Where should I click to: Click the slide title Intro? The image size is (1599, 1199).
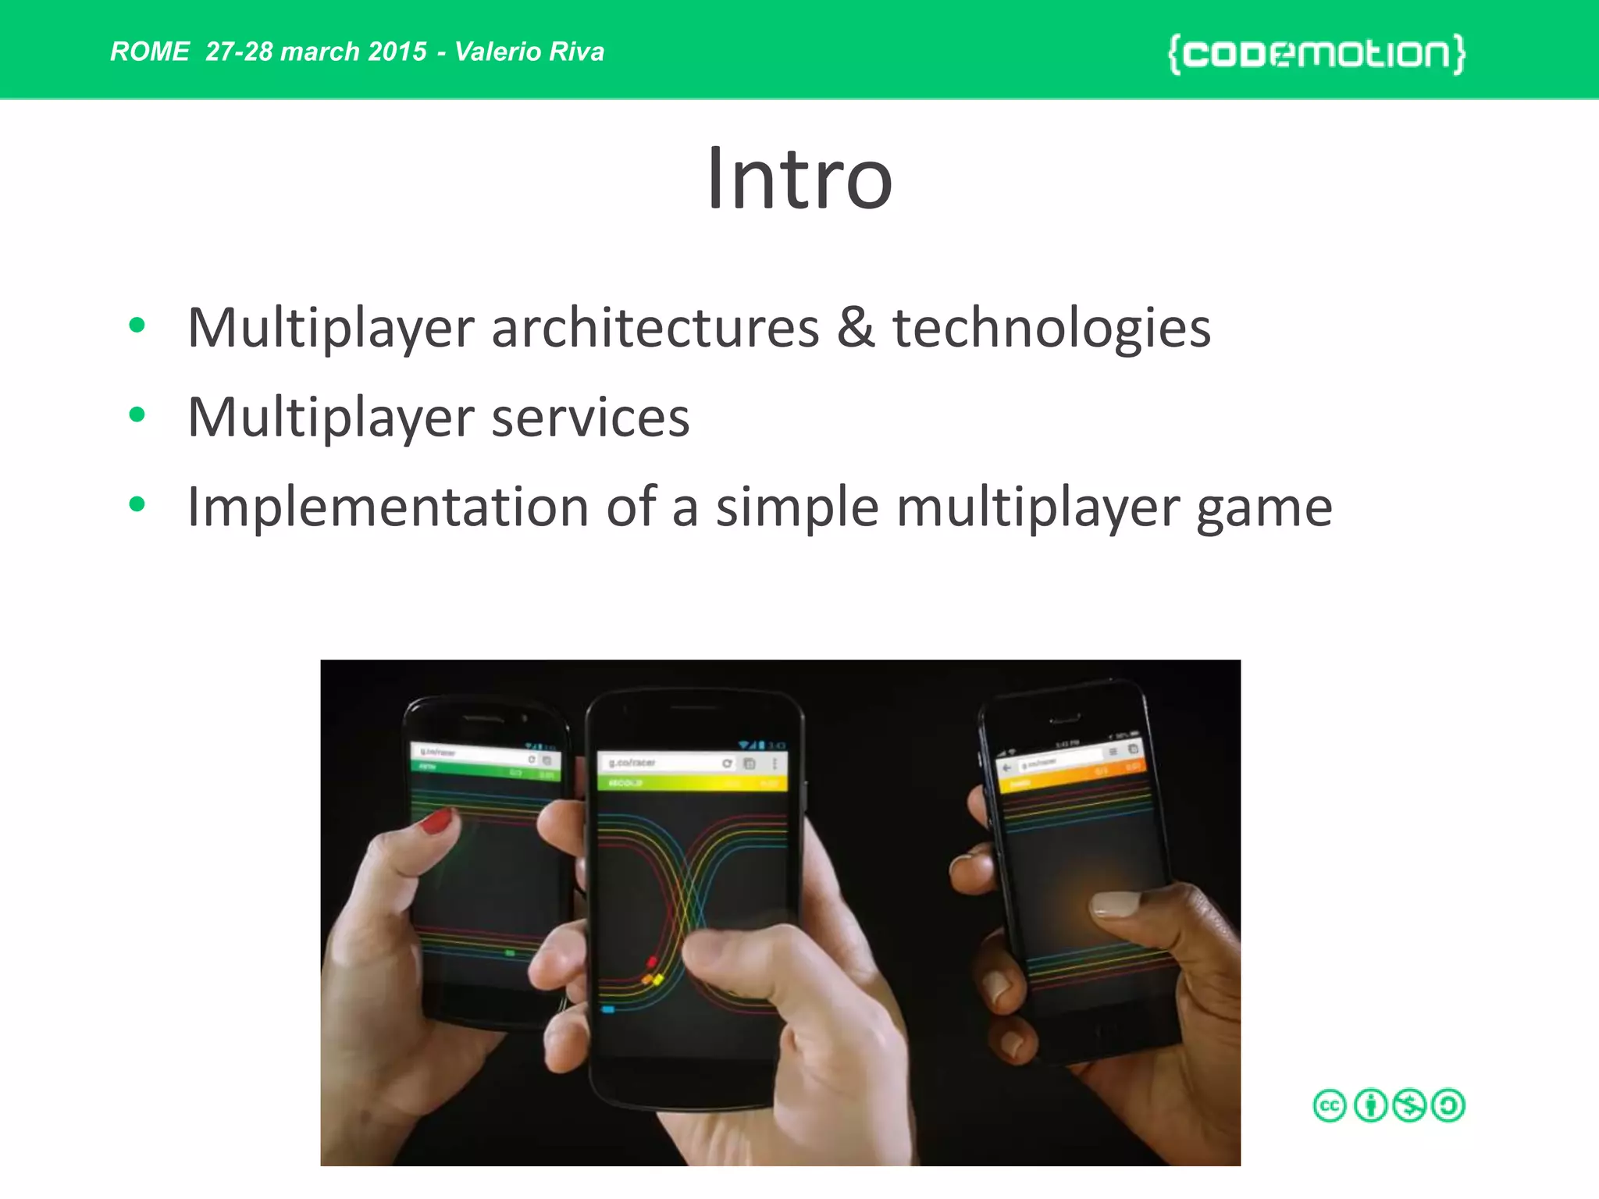(799, 180)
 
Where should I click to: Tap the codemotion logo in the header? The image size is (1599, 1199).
(1316, 54)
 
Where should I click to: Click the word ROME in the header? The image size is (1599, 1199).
(149, 52)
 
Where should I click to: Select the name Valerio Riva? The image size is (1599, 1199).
(529, 52)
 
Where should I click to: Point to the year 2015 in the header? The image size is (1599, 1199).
(397, 52)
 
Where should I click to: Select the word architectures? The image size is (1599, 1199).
(655, 328)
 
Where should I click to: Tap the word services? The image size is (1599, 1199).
(590, 418)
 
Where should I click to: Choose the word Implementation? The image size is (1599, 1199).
(388, 508)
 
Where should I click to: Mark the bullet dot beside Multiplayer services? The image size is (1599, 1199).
(137, 414)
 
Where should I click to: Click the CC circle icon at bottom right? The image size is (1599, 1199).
(1330, 1106)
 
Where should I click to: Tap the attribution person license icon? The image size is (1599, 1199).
(1370, 1106)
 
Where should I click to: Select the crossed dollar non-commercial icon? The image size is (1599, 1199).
(1410, 1106)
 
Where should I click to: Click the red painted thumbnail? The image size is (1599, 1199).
(436, 820)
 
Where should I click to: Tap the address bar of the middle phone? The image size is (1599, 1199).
(664, 763)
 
